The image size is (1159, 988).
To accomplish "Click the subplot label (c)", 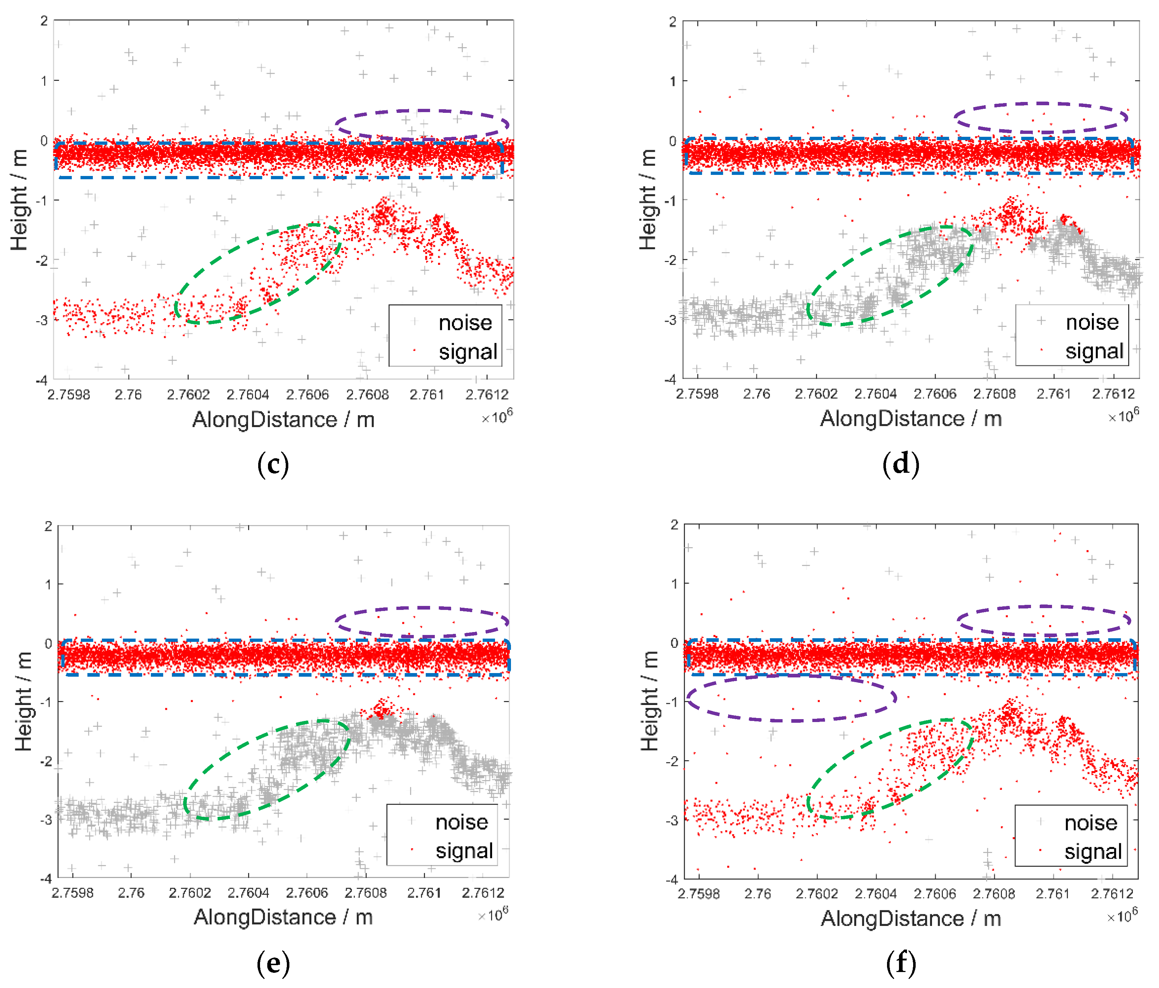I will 273,465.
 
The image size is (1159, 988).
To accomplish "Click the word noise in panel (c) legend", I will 465,323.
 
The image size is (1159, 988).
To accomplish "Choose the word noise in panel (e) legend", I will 462,822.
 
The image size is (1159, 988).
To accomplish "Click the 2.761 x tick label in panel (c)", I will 427,395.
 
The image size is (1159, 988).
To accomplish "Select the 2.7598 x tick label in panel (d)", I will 697,394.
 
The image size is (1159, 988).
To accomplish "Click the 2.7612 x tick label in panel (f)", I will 1112,894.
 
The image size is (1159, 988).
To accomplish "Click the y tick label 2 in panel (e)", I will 49,526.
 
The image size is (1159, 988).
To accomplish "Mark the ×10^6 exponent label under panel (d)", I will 1123,416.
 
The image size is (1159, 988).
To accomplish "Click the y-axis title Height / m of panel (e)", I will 23,701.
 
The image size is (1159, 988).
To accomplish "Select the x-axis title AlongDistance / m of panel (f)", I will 910,919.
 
